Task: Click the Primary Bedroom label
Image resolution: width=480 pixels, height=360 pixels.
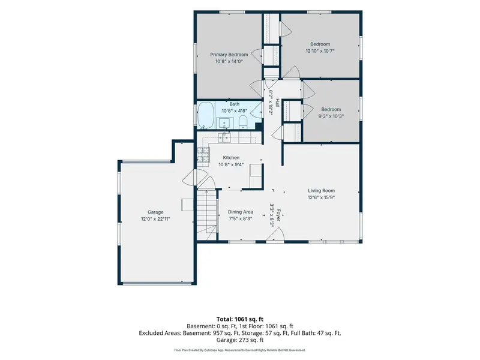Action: click(229, 55)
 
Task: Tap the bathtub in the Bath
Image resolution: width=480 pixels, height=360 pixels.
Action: click(206, 115)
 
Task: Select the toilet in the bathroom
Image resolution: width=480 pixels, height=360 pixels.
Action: click(243, 122)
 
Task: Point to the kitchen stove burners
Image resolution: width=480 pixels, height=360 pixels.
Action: click(203, 155)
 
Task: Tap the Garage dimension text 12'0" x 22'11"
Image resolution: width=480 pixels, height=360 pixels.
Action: click(155, 219)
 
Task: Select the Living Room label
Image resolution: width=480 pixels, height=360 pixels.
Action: click(321, 190)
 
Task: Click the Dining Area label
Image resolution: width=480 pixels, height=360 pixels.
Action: click(241, 212)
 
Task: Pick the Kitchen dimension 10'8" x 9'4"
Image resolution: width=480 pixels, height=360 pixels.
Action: click(231, 164)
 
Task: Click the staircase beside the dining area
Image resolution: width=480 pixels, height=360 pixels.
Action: click(206, 214)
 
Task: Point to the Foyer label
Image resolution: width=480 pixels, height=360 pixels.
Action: click(278, 215)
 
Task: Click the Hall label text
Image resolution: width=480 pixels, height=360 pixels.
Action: click(277, 102)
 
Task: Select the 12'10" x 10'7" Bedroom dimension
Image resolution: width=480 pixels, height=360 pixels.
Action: click(320, 51)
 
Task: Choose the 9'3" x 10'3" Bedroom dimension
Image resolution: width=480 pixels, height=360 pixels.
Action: click(331, 116)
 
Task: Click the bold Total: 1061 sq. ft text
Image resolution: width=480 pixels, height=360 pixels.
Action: click(240, 319)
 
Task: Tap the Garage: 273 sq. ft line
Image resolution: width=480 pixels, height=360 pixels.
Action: click(240, 340)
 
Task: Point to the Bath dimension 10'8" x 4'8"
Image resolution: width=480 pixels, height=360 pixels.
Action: click(235, 111)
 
